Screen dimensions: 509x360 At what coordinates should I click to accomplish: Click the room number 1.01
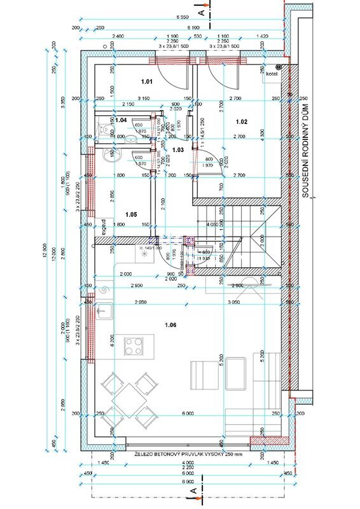[x=147, y=81]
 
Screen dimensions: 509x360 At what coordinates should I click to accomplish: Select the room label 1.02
[x=242, y=121]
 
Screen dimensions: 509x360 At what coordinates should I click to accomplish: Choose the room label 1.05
[x=131, y=214]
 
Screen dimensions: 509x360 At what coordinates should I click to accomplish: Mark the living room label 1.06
[x=170, y=325]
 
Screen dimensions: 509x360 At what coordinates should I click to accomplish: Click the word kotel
[x=272, y=73]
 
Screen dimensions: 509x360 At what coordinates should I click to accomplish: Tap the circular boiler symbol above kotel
[x=278, y=66]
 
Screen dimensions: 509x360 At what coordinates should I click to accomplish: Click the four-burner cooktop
[x=134, y=346]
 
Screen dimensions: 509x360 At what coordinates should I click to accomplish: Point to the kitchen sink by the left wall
[x=107, y=311]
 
